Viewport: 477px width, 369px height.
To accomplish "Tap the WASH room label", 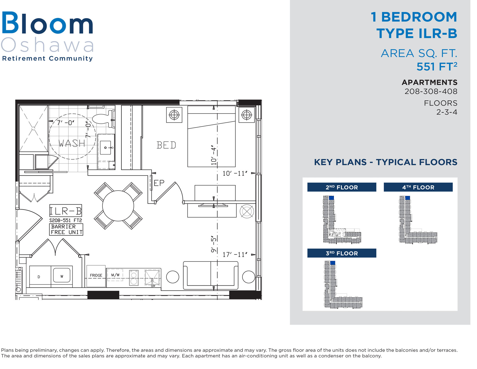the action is tap(72, 144).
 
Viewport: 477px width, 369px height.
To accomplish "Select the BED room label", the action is tap(166, 145).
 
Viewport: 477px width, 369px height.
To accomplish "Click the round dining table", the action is tap(118, 206).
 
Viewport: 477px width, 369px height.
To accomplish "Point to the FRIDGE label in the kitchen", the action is tap(96, 275).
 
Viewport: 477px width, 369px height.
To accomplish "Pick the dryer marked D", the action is tap(39, 277).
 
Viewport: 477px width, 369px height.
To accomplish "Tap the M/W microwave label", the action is tap(115, 275).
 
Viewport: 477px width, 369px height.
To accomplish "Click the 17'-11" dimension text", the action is tap(235, 255).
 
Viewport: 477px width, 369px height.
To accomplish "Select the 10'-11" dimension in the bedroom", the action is tap(235, 173).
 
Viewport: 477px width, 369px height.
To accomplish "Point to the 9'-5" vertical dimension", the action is tap(214, 244).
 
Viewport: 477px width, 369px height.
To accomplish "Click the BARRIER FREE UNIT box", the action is tap(67, 229).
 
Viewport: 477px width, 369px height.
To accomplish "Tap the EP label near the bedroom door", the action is tap(159, 183).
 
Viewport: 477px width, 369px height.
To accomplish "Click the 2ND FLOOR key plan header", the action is tap(342, 187).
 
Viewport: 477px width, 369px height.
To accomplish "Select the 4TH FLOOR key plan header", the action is tap(418, 187).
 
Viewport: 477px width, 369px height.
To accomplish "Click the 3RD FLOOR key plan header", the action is tap(342, 253).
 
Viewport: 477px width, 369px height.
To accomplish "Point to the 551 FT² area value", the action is tap(437, 67).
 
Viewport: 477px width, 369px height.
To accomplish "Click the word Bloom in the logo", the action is tap(47, 23).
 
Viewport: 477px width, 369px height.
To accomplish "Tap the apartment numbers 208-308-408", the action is tap(431, 91).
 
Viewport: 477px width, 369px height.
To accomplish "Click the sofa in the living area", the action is tap(211, 275).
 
